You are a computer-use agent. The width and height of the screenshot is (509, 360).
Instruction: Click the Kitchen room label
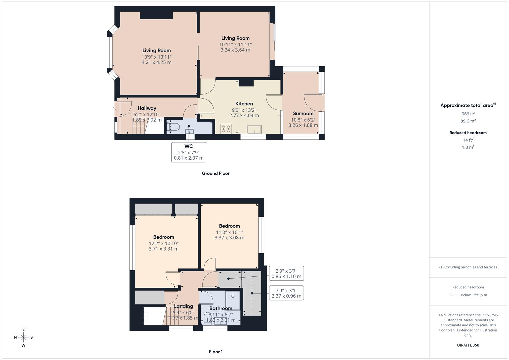[244, 104]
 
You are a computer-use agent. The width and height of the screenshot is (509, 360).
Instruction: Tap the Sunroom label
[303, 113]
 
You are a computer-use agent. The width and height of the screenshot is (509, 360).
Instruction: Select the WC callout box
[189, 152]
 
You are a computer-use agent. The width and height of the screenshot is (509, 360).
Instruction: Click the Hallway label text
[147, 108]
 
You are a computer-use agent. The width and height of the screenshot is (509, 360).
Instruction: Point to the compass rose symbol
[23, 337]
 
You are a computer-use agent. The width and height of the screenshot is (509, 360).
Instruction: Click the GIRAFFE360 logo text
[468, 345]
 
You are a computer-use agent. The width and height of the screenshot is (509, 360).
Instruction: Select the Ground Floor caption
[216, 173]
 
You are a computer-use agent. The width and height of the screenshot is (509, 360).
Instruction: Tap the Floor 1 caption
[216, 352]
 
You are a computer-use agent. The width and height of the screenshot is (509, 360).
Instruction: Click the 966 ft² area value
[468, 114]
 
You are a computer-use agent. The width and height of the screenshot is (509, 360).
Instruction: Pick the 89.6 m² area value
[468, 121]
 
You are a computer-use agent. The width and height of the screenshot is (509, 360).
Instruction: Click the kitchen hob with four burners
[226, 129]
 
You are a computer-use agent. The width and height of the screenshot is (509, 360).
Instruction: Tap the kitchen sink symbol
[254, 129]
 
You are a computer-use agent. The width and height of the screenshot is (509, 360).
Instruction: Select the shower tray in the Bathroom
[233, 296]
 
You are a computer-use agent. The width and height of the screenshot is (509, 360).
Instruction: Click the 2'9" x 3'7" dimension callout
[286, 273]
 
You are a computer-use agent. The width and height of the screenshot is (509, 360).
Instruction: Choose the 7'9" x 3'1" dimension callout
[286, 293]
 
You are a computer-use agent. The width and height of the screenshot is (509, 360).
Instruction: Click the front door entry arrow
[113, 109]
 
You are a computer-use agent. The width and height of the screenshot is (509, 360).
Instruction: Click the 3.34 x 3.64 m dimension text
[235, 50]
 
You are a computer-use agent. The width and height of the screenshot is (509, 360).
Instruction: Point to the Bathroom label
[221, 308]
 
